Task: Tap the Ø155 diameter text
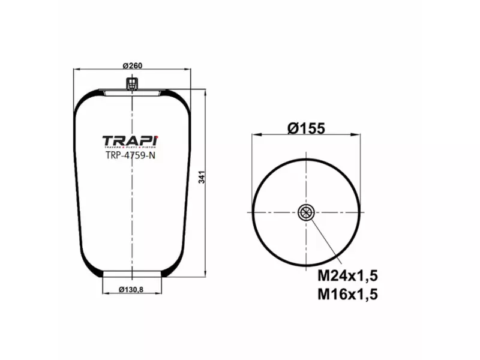pyautogui.click(x=306, y=128)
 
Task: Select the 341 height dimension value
pyautogui.click(x=202, y=179)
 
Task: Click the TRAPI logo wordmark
pyautogui.click(x=130, y=140)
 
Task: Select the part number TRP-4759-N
pyautogui.click(x=130, y=156)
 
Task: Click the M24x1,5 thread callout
pyautogui.click(x=347, y=277)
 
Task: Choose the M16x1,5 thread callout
pyautogui.click(x=347, y=294)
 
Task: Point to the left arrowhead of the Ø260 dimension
pyautogui.click(x=76, y=71)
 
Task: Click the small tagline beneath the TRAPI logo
pyautogui.click(x=130, y=148)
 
